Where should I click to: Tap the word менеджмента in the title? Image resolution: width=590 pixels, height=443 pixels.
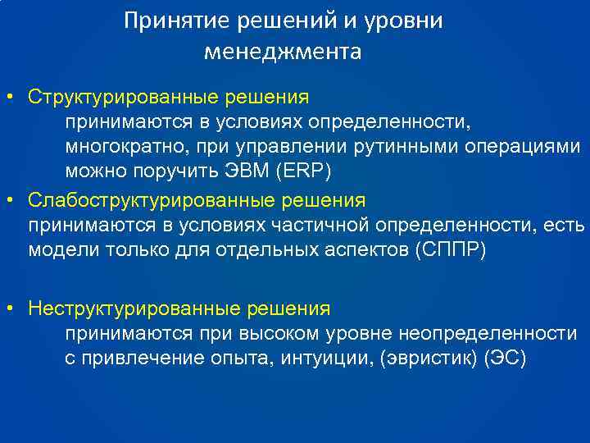point(283,53)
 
